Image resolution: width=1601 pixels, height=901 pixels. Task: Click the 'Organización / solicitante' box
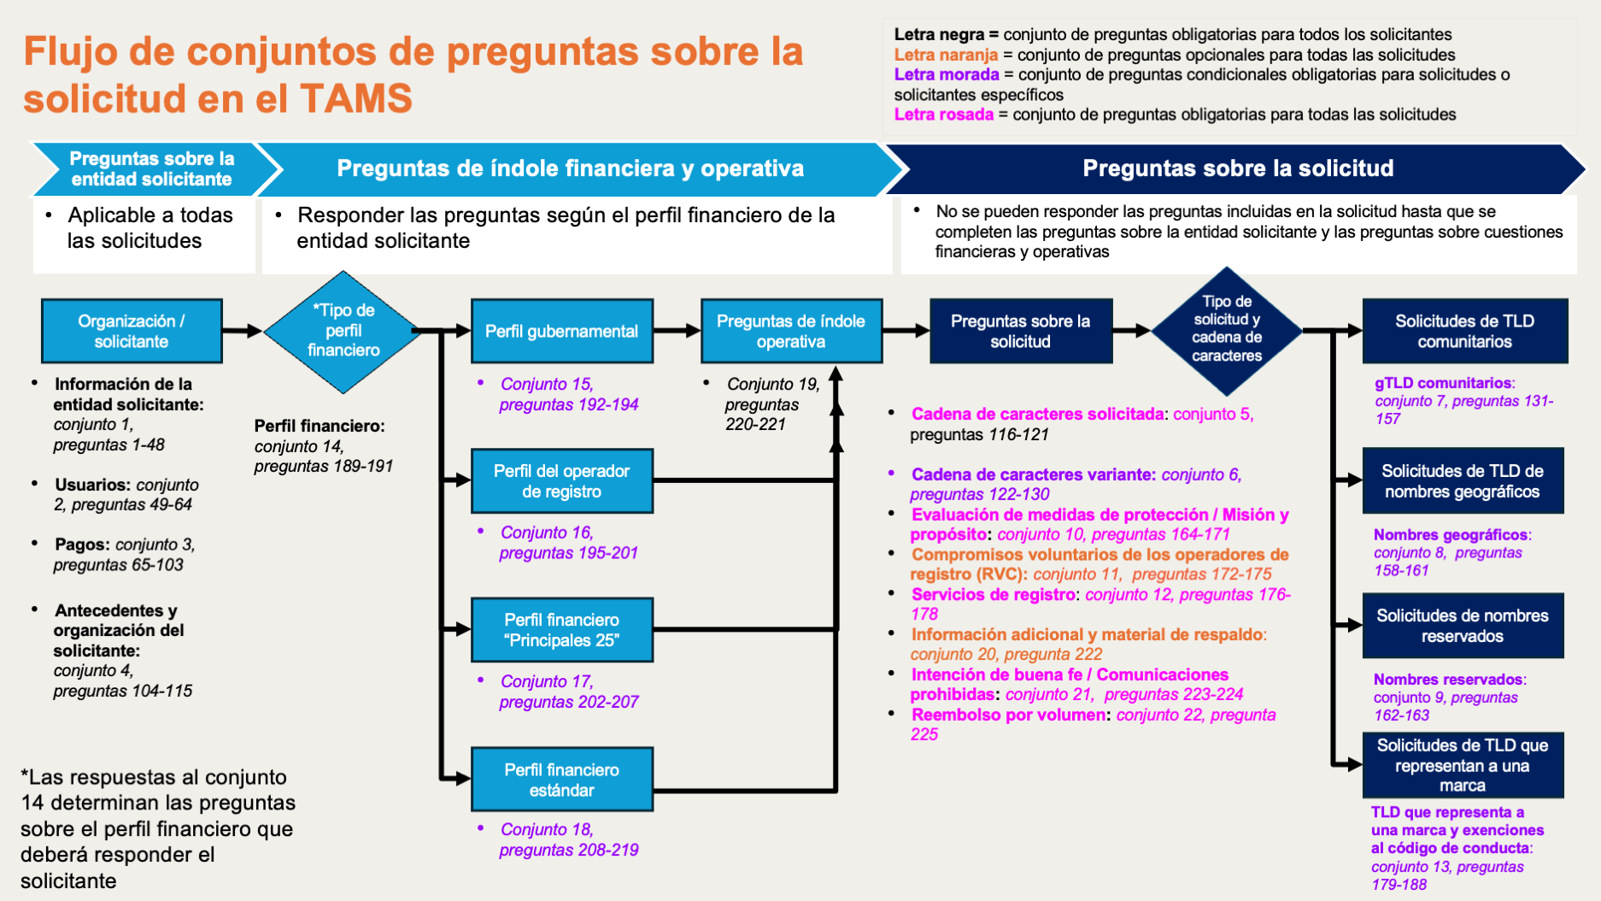tap(132, 331)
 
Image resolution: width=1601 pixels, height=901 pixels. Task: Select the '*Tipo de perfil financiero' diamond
tap(343, 331)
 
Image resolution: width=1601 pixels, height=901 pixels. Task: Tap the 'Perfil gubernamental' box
tap(561, 331)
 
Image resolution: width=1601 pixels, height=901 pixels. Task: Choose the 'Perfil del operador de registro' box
tap(561, 480)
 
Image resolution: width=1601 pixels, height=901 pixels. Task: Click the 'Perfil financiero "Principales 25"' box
tap(561, 629)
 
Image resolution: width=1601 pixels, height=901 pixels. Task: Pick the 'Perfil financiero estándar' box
tap(561, 779)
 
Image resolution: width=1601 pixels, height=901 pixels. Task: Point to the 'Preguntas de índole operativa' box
tap(790, 331)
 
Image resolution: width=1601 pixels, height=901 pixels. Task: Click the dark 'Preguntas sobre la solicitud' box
tap(1020, 331)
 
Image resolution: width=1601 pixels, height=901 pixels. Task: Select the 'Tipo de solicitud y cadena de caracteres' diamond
tap(1227, 329)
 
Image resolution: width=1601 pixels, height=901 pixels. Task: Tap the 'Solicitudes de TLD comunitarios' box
tap(1464, 331)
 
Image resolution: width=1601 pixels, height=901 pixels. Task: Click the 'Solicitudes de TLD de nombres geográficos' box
tap(1463, 480)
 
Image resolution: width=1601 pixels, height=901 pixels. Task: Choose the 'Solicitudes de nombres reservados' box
tap(1463, 625)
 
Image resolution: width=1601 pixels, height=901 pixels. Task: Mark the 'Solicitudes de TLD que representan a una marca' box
tap(1463, 764)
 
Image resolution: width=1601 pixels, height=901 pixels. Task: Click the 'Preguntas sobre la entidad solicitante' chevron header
tap(152, 168)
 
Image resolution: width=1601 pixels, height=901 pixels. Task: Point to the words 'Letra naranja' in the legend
tap(946, 55)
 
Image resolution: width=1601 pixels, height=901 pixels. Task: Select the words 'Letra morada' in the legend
tap(946, 74)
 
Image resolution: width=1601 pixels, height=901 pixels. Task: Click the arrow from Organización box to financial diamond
tap(243, 331)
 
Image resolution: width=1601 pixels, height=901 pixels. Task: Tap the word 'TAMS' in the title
tap(356, 98)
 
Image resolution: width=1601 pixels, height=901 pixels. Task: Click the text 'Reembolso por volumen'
tap(1008, 715)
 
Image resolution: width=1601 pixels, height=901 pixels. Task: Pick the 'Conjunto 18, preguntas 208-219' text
tap(568, 839)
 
